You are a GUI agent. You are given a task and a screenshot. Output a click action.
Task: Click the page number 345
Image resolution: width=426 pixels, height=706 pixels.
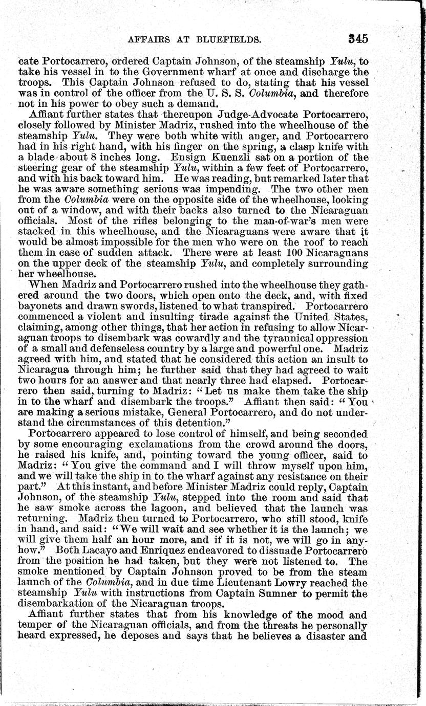pos(357,39)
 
